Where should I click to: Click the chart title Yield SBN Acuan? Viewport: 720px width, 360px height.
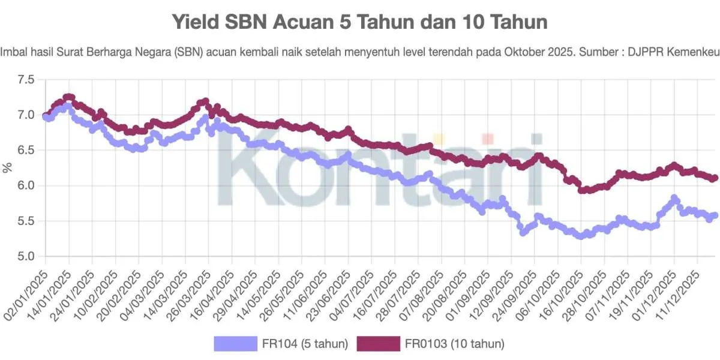tap(360, 23)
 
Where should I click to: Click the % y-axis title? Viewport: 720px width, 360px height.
tap(8, 168)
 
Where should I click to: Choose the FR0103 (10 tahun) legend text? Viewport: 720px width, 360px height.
tap(454, 344)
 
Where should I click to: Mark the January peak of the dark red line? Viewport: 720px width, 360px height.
tap(68, 97)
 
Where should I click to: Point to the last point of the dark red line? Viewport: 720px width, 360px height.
tap(714, 178)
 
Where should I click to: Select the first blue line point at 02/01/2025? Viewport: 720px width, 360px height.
tap(46, 117)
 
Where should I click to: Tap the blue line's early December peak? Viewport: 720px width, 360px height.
tap(674, 198)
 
